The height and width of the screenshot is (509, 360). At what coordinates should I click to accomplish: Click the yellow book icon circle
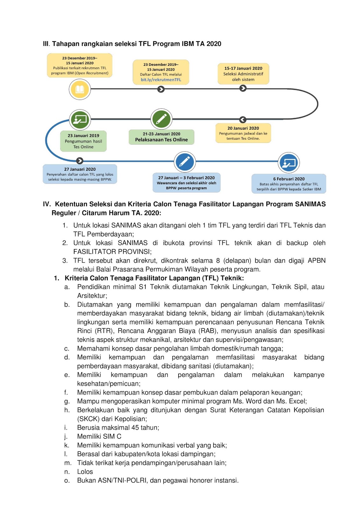80,89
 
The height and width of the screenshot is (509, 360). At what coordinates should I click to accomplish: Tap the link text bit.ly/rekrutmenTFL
161,80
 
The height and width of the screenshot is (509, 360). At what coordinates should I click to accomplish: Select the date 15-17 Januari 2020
243,68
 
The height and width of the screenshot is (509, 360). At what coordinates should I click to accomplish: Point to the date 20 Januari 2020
243,128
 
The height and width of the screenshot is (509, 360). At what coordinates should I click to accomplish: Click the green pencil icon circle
161,119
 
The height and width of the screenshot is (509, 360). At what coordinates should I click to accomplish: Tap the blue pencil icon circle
185,162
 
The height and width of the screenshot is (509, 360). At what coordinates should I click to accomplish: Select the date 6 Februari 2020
289,179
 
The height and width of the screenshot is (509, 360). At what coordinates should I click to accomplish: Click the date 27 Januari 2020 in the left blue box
80,169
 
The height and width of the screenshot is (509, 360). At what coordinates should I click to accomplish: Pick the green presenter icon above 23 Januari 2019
80,120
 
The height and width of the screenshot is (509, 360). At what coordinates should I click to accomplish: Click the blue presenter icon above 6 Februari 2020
289,163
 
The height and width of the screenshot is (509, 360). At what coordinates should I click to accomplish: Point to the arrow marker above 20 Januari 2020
243,120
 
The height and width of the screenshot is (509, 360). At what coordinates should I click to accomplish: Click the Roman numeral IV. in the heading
47,204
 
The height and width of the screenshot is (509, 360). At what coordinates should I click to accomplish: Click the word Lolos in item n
85,472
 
